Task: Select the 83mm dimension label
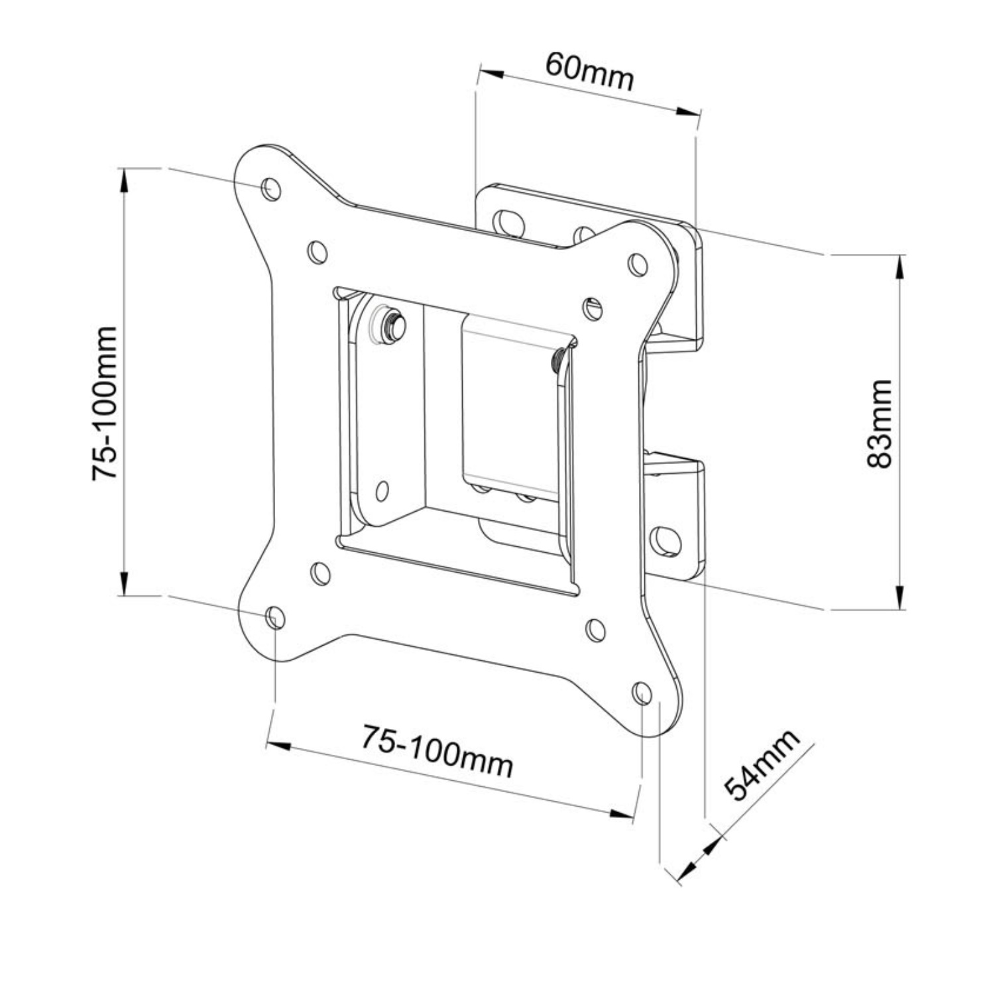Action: pyautogui.click(x=880, y=424)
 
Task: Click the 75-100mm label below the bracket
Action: pyautogui.click(x=437, y=750)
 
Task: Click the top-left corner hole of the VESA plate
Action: pyautogui.click(x=271, y=189)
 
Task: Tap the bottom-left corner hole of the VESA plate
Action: pyautogui.click(x=275, y=618)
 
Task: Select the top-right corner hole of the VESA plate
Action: pyautogui.click(x=638, y=264)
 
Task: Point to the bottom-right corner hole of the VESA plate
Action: pyautogui.click(x=642, y=693)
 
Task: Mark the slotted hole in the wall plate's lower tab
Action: pyautogui.click(x=665, y=541)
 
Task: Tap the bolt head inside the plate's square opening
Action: pyautogui.click(x=390, y=323)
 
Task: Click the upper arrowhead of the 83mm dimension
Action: pyautogui.click(x=898, y=266)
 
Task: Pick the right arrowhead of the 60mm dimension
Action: pyautogui.click(x=687, y=112)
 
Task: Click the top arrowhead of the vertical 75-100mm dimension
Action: pyautogui.click(x=123, y=180)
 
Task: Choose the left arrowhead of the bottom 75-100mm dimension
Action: pyautogui.click(x=278, y=746)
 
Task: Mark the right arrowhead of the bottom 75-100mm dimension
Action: pyautogui.click(x=622, y=813)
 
